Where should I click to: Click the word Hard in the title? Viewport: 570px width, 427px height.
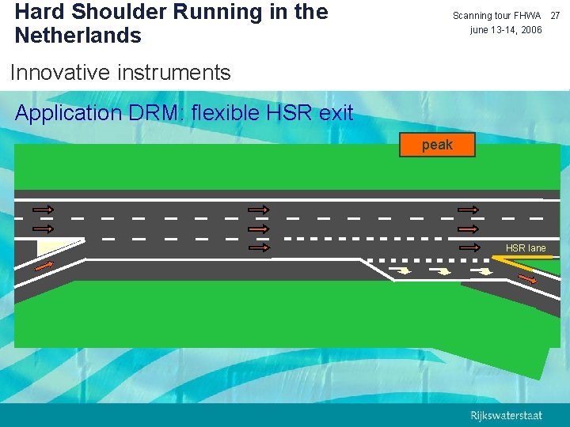(38, 13)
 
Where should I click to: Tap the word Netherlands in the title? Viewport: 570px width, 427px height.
(78, 36)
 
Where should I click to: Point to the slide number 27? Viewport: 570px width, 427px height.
(555, 16)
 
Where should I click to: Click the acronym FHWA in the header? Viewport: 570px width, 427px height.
(527, 16)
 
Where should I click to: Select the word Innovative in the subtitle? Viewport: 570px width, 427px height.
(59, 73)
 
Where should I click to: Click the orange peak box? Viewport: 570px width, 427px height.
(437, 145)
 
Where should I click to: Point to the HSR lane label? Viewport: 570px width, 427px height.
(526, 248)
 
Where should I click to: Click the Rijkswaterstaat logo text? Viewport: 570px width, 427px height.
(507, 415)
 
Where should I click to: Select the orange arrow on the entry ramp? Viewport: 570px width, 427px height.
(45, 266)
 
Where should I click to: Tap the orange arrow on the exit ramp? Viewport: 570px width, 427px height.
(526, 273)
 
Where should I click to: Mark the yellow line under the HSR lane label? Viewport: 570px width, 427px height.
(528, 257)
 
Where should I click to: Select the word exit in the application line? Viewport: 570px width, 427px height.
(336, 113)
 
